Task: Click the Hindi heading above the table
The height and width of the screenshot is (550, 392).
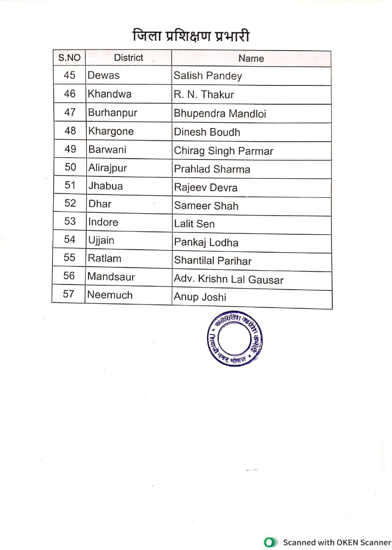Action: (191, 36)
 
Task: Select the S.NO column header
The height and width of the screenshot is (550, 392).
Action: (70, 58)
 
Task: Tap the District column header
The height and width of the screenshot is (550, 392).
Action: (128, 58)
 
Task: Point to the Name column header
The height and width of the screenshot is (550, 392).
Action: (251, 58)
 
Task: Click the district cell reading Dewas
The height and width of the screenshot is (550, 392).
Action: (103, 76)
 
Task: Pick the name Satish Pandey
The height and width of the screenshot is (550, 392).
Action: (208, 76)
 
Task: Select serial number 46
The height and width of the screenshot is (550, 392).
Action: (70, 94)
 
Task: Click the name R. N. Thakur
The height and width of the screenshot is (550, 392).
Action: (204, 95)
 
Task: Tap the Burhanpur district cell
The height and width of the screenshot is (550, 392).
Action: (112, 113)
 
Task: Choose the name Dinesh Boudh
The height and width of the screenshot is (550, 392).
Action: (207, 132)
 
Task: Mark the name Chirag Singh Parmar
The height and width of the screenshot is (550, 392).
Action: (223, 151)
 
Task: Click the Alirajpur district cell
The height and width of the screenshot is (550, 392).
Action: (108, 168)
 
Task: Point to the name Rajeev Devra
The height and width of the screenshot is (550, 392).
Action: (206, 188)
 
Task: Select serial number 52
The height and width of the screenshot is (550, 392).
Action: (70, 203)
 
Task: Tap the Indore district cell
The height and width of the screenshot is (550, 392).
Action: (103, 222)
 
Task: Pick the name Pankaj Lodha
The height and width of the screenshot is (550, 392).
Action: (206, 243)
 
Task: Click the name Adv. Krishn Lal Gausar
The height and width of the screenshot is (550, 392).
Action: (228, 280)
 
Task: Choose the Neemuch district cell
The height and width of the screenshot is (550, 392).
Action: (110, 295)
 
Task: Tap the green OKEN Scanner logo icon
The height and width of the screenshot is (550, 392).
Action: (270, 542)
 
